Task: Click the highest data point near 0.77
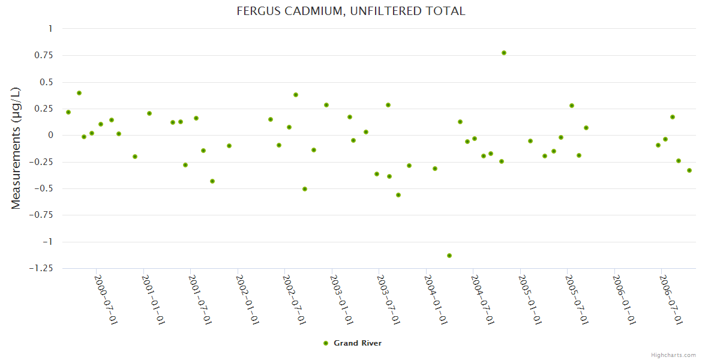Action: pos(504,53)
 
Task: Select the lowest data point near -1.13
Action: pos(449,256)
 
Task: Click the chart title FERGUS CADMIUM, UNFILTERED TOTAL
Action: pos(351,11)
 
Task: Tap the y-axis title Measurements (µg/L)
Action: pos(16,148)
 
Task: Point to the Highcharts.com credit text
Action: pos(673,355)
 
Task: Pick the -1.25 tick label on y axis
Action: pos(40,268)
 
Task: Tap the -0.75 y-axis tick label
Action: pos(40,215)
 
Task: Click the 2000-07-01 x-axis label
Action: pos(106,299)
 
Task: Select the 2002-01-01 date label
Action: pos(247,299)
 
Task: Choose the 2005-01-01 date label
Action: pos(530,299)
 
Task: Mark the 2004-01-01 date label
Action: pos(436,299)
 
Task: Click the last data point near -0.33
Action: pos(689,170)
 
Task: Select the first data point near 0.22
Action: pos(68,112)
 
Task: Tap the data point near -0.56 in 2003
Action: pos(398,195)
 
